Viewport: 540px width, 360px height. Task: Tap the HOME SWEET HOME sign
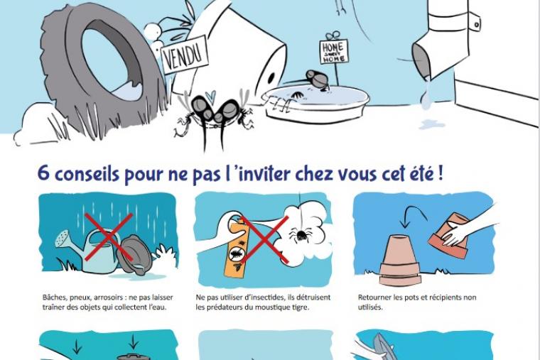point(333,52)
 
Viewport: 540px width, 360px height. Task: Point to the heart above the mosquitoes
point(210,94)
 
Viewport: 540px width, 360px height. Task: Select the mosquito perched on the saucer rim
point(318,79)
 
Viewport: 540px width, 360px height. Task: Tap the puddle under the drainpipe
point(432,124)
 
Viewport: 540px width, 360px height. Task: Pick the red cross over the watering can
point(109,236)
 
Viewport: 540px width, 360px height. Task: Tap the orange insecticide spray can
point(237,247)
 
